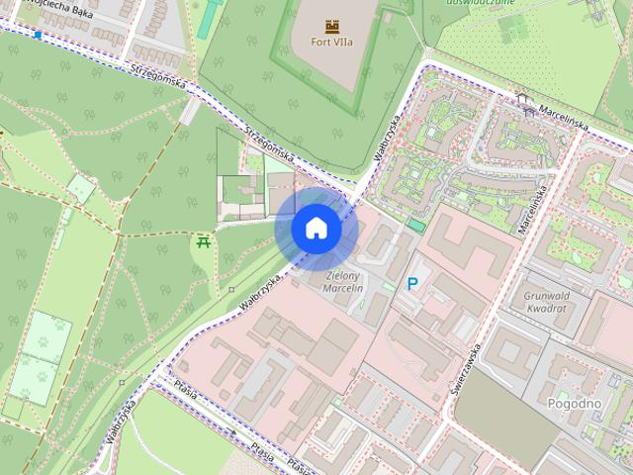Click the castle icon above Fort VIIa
tap(329, 26)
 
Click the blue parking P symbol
tap(412, 284)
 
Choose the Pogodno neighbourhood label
tap(573, 403)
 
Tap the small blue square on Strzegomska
tap(38, 35)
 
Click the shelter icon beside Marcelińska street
tap(524, 99)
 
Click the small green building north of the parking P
tap(416, 226)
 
